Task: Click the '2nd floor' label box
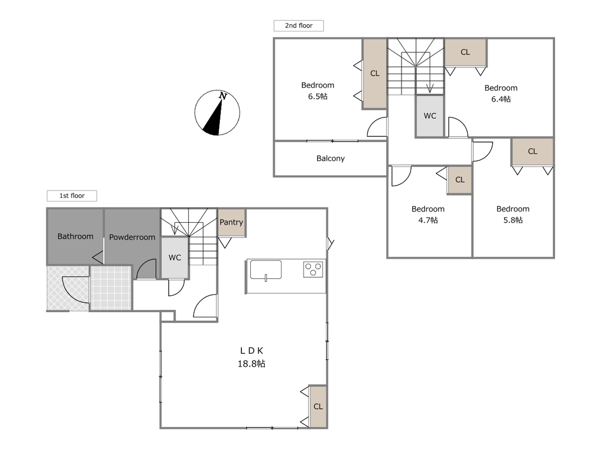[x=299, y=26]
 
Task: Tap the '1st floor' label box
[x=72, y=196]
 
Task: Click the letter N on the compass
[x=223, y=96]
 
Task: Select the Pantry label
[x=231, y=222]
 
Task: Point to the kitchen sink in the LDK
[x=266, y=270]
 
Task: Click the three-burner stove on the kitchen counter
[x=313, y=269]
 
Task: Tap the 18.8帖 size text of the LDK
[x=251, y=363]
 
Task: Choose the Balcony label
[x=331, y=159]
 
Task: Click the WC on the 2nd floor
[x=430, y=116]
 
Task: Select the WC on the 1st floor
[x=175, y=258]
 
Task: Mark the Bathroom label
[x=75, y=236]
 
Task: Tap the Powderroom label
[x=132, y=237]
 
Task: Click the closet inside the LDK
[x=318, y=406]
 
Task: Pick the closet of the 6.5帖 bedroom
[x=375, y=74]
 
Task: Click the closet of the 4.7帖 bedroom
[x=459, y=180]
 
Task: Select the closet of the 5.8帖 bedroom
[x=533, y=151]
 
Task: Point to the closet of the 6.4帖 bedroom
[x=465, y=52]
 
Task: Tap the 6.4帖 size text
[x=501, y=99]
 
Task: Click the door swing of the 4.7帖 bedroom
[x=401, y=176]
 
